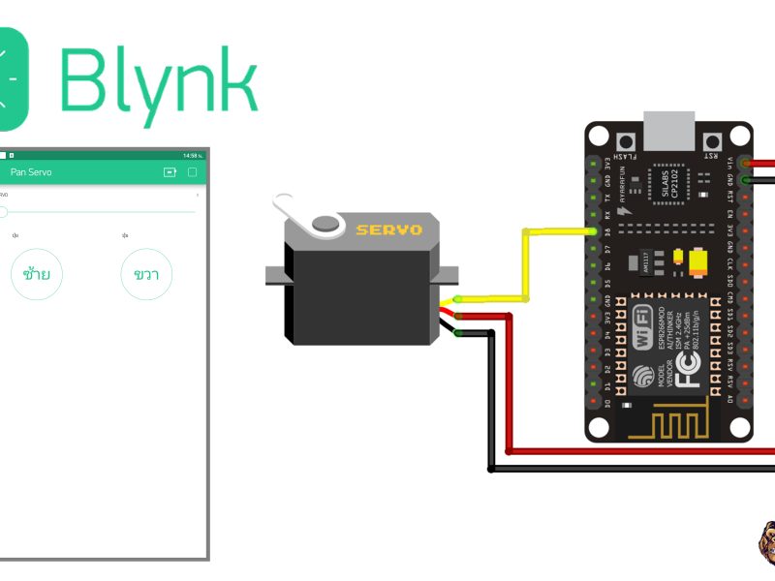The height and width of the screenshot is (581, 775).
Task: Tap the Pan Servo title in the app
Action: [31, 172]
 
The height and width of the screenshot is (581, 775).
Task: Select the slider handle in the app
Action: [3, 211]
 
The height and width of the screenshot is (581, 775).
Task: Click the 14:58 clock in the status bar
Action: [191, 155]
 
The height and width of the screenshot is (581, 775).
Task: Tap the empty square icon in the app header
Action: [193, 172]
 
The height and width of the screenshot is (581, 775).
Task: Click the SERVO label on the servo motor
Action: [388, 229]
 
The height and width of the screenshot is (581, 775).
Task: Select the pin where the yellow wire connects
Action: [591, 231]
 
